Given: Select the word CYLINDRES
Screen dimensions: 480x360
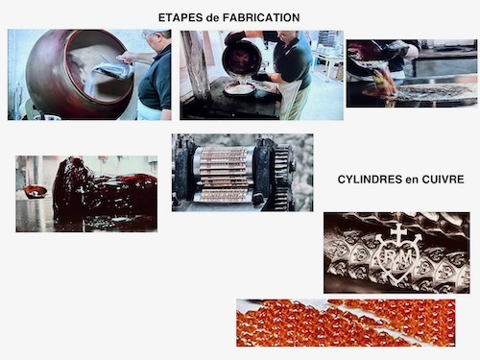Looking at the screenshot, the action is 370,180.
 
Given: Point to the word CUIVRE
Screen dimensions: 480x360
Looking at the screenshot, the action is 443,180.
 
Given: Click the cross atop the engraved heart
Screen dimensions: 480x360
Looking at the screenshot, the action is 398,232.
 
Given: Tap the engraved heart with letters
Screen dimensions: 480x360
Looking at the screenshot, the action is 397,257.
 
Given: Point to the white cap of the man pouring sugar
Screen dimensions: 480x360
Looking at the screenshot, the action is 156,32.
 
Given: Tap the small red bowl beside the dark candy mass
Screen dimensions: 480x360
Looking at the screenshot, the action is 36,191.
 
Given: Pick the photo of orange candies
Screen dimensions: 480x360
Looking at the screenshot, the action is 346,323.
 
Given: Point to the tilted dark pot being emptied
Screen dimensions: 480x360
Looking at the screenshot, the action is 242,60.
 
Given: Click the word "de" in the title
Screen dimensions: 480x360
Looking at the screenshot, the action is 213,17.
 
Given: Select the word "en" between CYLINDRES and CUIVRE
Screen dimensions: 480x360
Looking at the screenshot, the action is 412,180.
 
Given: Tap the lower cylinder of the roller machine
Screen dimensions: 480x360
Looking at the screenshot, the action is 224,196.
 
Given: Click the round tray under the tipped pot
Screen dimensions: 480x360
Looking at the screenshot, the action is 240,89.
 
